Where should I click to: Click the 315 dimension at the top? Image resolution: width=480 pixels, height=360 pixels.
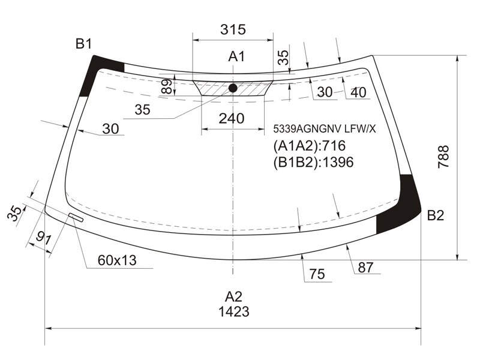click(x=233, y=29)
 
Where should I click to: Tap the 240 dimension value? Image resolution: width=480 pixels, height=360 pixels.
click(x=232, y=118)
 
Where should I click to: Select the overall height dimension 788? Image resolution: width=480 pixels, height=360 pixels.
click(x=443, y=157)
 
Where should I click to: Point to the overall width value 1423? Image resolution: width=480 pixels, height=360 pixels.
click(x=233, y=312)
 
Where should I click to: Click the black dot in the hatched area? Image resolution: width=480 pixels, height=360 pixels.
click(x=233, y=88)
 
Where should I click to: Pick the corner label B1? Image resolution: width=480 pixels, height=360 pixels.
click(x=83, y=44)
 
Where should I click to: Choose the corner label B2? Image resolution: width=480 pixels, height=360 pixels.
click(x=436, y=215)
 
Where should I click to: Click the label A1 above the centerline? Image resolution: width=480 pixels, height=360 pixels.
click(x=236, y=56)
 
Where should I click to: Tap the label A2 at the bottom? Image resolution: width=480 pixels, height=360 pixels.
click(x=233, y=296)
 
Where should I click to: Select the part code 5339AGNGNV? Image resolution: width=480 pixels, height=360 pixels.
click(x=307, y=129)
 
